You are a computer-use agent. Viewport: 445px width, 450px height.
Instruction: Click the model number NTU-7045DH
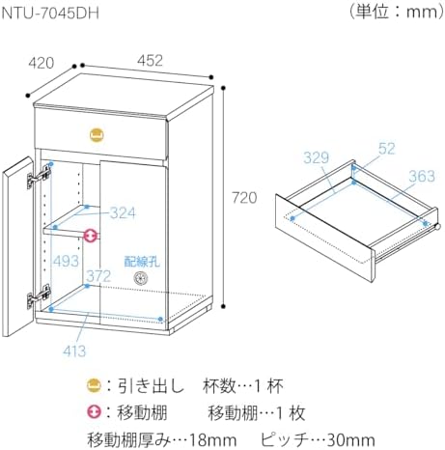[x=50, y=14]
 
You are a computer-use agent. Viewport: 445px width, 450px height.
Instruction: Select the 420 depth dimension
[x=42, y=63]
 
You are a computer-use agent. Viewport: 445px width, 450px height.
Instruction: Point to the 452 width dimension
[x=150, y=60]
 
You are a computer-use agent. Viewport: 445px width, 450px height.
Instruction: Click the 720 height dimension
[x=244, y=198]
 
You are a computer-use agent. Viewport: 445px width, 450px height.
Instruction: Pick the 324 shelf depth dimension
[x=123, y=212]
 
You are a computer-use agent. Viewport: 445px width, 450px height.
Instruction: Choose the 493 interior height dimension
[x=66, y=261]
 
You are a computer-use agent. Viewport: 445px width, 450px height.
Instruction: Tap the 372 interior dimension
[x=98, y=276]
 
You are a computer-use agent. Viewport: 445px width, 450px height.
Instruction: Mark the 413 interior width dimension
[x=74, y=351]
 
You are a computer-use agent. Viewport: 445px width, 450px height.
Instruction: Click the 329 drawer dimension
[x=317, y=157]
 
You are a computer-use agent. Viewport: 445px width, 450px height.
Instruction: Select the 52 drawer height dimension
[x=386, y=149]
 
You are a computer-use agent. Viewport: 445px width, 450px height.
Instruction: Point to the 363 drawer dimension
[x=422, y=176]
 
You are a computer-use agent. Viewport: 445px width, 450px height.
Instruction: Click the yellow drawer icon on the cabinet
[x=97, y=134]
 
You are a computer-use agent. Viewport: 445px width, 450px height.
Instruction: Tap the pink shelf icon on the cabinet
[x=91, y=236]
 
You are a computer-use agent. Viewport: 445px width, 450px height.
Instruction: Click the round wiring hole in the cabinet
[x=141, y=278]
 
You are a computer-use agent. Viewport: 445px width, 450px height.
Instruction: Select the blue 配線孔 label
[x=142, y=262]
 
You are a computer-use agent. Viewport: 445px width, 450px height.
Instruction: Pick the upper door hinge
[x=39, y=176]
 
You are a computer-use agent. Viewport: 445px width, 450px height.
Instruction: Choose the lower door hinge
[x=39, y=296]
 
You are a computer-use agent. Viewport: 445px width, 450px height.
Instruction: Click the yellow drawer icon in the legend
[x=95, y=385]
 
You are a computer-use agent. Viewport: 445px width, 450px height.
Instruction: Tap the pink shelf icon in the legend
[x=95, y=412]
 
